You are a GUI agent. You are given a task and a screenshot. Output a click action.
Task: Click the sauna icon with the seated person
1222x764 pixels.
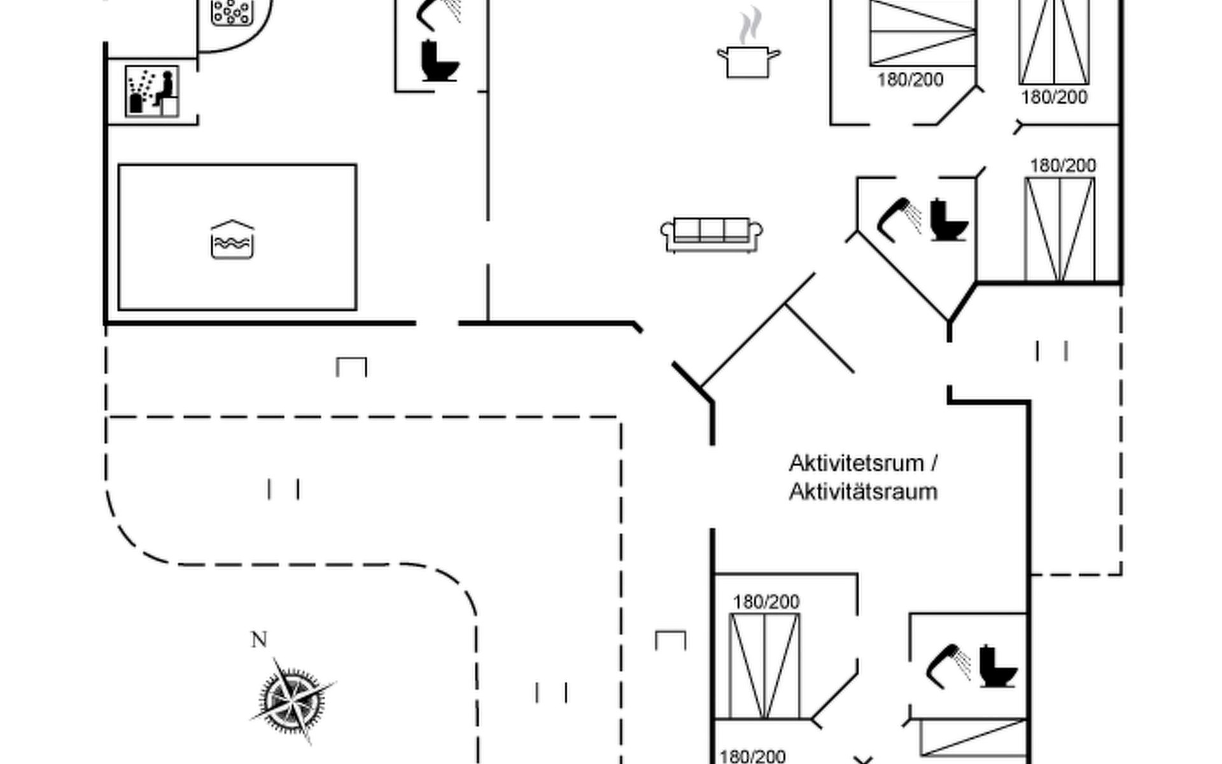pyautogui.click(x=152, y=92)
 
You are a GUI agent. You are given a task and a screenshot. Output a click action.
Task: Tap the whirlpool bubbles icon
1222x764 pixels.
pyautogui.click(x=232, y=12)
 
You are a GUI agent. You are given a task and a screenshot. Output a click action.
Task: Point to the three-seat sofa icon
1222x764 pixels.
pyautogui.click(x=712, y=235)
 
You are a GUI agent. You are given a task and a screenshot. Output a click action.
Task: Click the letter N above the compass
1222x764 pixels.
pyautogui.click(x=258, y=639)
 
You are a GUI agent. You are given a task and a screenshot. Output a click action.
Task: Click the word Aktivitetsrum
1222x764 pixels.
pyautogui.click(x=856, y=463)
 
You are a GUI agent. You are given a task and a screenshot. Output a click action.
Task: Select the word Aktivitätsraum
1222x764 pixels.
pyautogui.click(x=863, y=492)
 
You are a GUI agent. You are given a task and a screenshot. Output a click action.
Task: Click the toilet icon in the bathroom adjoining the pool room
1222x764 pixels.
pyautogui.click(x=440, y=61)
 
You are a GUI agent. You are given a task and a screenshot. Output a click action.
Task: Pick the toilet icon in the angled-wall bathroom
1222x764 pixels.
pyautogui.click(x=948, y=220)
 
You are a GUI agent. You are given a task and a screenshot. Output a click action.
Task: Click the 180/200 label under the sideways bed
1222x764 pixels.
pyautogui.click(x=910, y=80)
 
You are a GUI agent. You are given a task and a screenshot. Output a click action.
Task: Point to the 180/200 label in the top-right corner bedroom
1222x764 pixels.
pyautogui.click(x=1054, y=97)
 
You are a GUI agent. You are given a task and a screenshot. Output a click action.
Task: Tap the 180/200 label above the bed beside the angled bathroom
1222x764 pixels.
pyautogui.click(x=1063, y=166)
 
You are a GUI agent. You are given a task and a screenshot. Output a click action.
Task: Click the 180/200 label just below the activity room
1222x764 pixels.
pyautogui.click(x=766, y=602)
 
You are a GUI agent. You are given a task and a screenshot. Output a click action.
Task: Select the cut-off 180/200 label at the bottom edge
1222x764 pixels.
pyautogui.click(x=752, y=756)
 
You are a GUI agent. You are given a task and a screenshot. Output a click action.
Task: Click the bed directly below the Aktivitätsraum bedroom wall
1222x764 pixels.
pyautogui.click(x=764, y=666)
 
